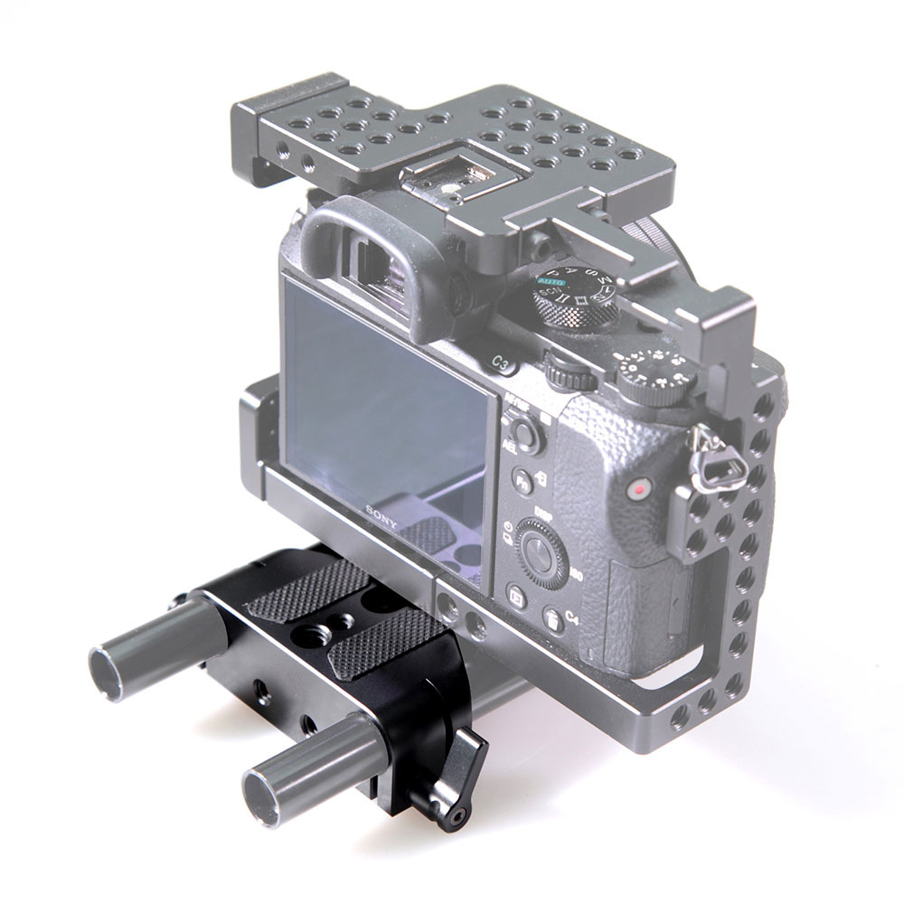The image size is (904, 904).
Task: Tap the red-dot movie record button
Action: pyautogui.click(x=639, y=490)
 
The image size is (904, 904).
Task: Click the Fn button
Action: pyautogui.click(x=523, y=479)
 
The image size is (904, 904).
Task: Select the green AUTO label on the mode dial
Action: pyautogui.click(x=550, y=283)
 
